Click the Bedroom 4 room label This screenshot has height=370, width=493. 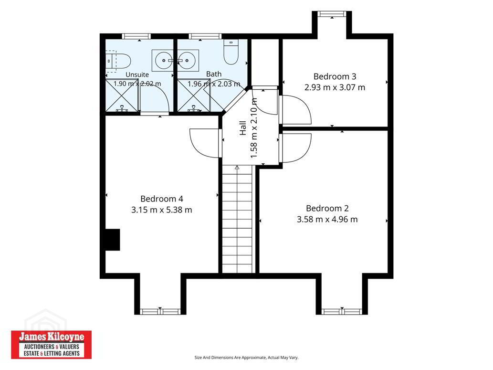pos(162,199)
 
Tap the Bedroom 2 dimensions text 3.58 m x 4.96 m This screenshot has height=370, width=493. pos(327,219)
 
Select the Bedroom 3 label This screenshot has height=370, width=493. pos(335,76)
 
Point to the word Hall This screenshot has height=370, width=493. pos(243,128)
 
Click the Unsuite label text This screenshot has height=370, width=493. pos(137,74)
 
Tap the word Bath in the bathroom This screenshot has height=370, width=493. pos(214,74)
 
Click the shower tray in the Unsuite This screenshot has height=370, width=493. pos(122,95)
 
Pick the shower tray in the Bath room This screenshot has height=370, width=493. pos(194,95)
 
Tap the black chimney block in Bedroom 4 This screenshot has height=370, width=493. pos(112,240)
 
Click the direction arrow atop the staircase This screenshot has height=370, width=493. pos(237,168)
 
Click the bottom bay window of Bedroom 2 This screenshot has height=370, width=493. pos(342,311)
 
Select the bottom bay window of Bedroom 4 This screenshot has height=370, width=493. pos(160,311)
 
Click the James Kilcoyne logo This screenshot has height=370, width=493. pos(51,345)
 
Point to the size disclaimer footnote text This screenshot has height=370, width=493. pos(246,358)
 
